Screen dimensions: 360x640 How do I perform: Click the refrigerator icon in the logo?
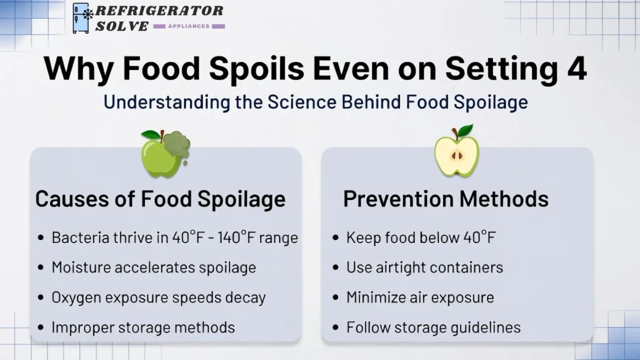(x=81, y=17)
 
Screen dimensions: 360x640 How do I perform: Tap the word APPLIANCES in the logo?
(x=188, y=26)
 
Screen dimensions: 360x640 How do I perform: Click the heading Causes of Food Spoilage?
(x=160, y=199)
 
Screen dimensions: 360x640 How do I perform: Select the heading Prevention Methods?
(x=446, y=199)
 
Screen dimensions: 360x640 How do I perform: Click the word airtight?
(x=401, y=267)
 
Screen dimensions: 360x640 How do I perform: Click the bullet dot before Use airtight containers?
(x=336, y=268)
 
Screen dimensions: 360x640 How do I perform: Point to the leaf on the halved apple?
(x=466, y=131)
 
